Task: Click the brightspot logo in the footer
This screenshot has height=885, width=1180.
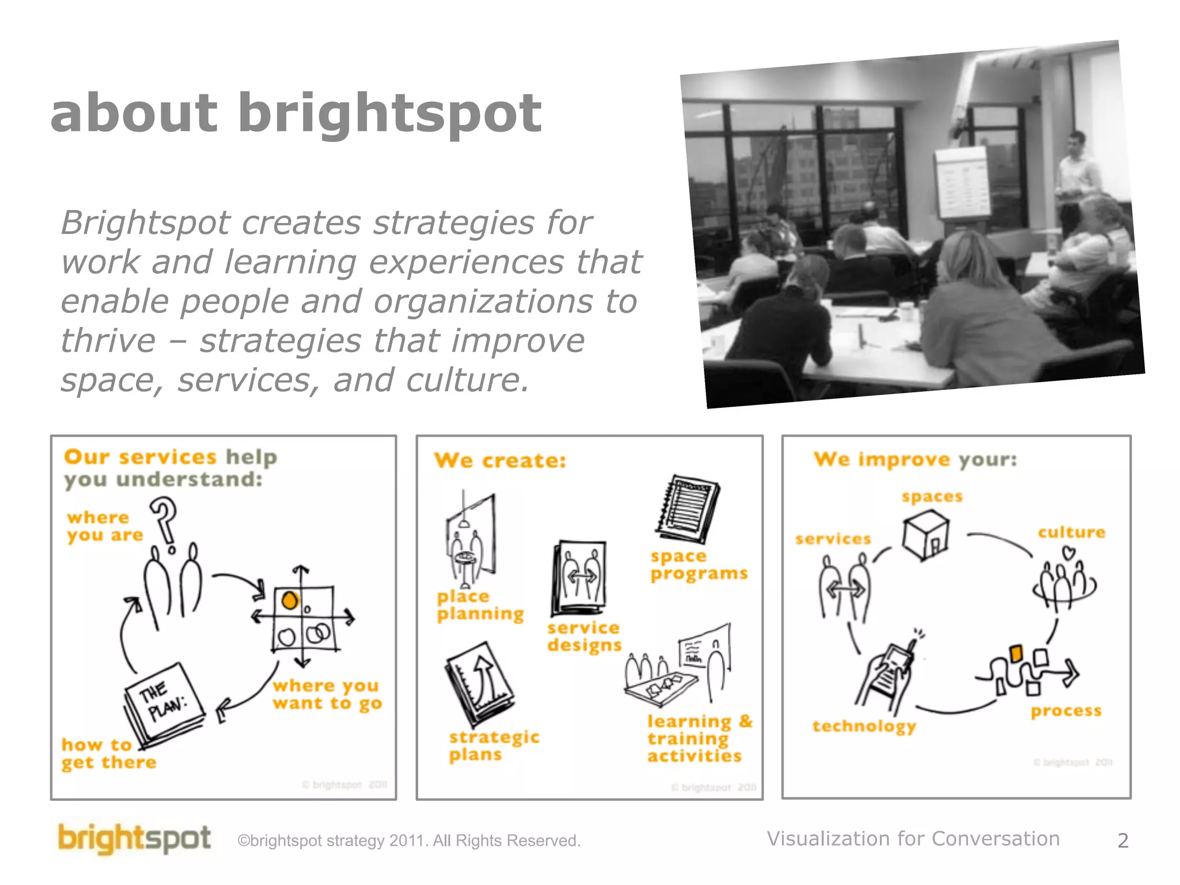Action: click(134, 838)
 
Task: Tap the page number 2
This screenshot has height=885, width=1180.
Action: click(1122, 841)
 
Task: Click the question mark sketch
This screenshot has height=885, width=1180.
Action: click(164, 520)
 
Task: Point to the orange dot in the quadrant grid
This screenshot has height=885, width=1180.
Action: click(289, 600)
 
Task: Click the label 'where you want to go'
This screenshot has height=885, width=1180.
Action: click(327, 694)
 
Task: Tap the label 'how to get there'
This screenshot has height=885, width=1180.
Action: click(108, 754)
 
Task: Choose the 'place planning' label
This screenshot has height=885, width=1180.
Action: click(480, 605)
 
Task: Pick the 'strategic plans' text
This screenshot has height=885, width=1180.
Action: click(494, 746)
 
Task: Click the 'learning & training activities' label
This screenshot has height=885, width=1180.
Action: click(699, 739)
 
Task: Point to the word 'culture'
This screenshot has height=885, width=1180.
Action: click(1071, 532)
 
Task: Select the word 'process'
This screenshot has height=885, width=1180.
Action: click(1066, 711)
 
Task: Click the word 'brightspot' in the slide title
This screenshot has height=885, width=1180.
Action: click(389, 114)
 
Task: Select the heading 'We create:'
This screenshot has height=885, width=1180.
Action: click(500, 461)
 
